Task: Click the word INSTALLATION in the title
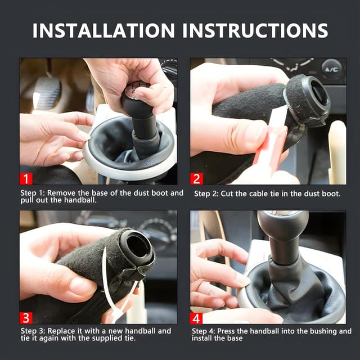(103, 30)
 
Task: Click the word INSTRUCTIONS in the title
(255, 30)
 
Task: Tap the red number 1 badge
(26, 179)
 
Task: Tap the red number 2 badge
(197, 179)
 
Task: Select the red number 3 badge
(26, 318)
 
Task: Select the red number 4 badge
(196, 318)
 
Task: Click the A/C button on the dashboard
(331, 69)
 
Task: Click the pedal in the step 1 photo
(47, 92)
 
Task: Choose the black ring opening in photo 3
(137, 246)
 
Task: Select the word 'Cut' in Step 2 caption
(227, 193)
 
